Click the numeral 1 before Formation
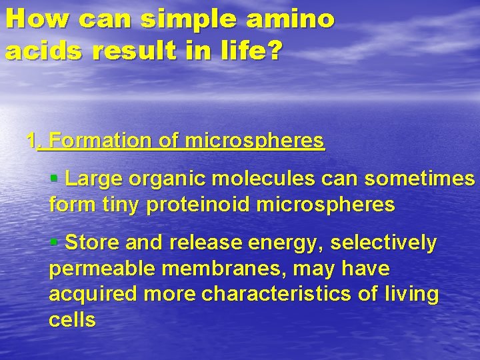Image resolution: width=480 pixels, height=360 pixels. point(31,141)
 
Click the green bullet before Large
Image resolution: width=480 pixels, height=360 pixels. point(55,179)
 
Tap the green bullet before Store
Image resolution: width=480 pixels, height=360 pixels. point(55,241)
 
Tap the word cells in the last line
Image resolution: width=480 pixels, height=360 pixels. point(72,319)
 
